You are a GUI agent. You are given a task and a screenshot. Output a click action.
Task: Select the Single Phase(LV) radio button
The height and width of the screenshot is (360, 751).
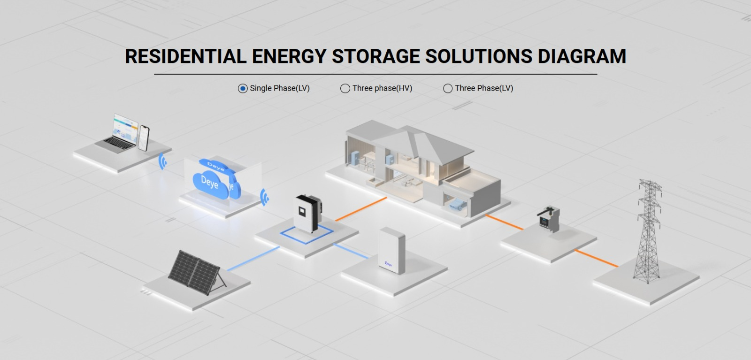(x=243, y=89)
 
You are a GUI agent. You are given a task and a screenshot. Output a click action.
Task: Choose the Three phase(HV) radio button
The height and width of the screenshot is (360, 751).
(x=345, y=89)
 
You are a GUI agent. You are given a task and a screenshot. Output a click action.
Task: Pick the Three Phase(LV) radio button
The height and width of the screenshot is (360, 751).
(x=448, y=89)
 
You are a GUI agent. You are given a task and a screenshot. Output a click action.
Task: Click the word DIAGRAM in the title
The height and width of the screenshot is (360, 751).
(x=582, y=56)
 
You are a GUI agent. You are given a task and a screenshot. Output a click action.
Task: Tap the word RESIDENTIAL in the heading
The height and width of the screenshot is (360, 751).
(x=186, y=56)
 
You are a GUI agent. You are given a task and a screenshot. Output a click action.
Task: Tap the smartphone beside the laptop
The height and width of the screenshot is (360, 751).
(x=144, y=138)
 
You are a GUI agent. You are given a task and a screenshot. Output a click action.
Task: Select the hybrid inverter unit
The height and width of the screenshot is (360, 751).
(x=308, y=214)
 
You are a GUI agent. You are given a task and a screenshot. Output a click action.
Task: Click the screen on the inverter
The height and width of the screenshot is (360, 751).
(x=302, y=212)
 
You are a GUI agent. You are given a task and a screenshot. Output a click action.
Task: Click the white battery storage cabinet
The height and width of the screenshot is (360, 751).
(x=392, y=250)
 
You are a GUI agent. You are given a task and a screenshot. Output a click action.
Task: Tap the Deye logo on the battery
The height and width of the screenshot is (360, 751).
(x=388, y=264)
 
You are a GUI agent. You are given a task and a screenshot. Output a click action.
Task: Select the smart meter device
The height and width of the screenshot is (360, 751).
(x=549, y=220)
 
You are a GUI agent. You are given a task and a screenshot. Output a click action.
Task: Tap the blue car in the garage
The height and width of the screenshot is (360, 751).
(x=456, y=204)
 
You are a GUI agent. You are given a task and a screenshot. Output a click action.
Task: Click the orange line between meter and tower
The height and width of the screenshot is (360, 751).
(x=596, y=259)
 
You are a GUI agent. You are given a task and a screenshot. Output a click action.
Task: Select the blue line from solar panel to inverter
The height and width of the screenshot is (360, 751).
(x=253, y=259)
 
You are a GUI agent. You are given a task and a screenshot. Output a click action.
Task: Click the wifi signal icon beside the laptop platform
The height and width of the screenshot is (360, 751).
(x=162, y=161)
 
